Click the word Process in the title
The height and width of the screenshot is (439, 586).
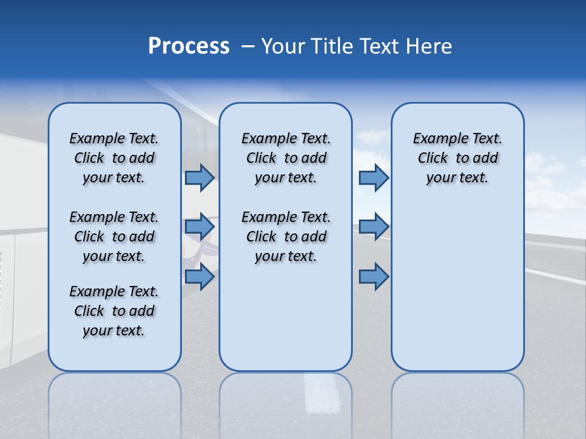point(189,46)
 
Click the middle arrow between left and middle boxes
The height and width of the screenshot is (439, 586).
point(200,227)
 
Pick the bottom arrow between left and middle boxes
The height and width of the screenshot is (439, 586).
point(200,277)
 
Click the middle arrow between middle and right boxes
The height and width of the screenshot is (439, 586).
point(374,227)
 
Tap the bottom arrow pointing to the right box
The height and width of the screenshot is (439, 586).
point(374,277)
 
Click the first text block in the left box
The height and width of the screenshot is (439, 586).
point(114,158)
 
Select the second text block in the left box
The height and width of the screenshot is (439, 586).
point(114,237)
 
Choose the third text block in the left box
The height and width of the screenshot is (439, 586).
point(114,311)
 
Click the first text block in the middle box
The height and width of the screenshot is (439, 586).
point(286,158)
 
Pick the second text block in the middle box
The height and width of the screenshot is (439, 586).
point(286,237)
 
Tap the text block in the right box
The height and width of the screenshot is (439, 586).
point(457,158)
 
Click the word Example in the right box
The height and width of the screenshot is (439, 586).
point(436,139)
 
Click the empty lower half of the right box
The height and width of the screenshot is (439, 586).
point(457,293)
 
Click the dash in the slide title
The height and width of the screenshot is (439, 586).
point(248,46)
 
